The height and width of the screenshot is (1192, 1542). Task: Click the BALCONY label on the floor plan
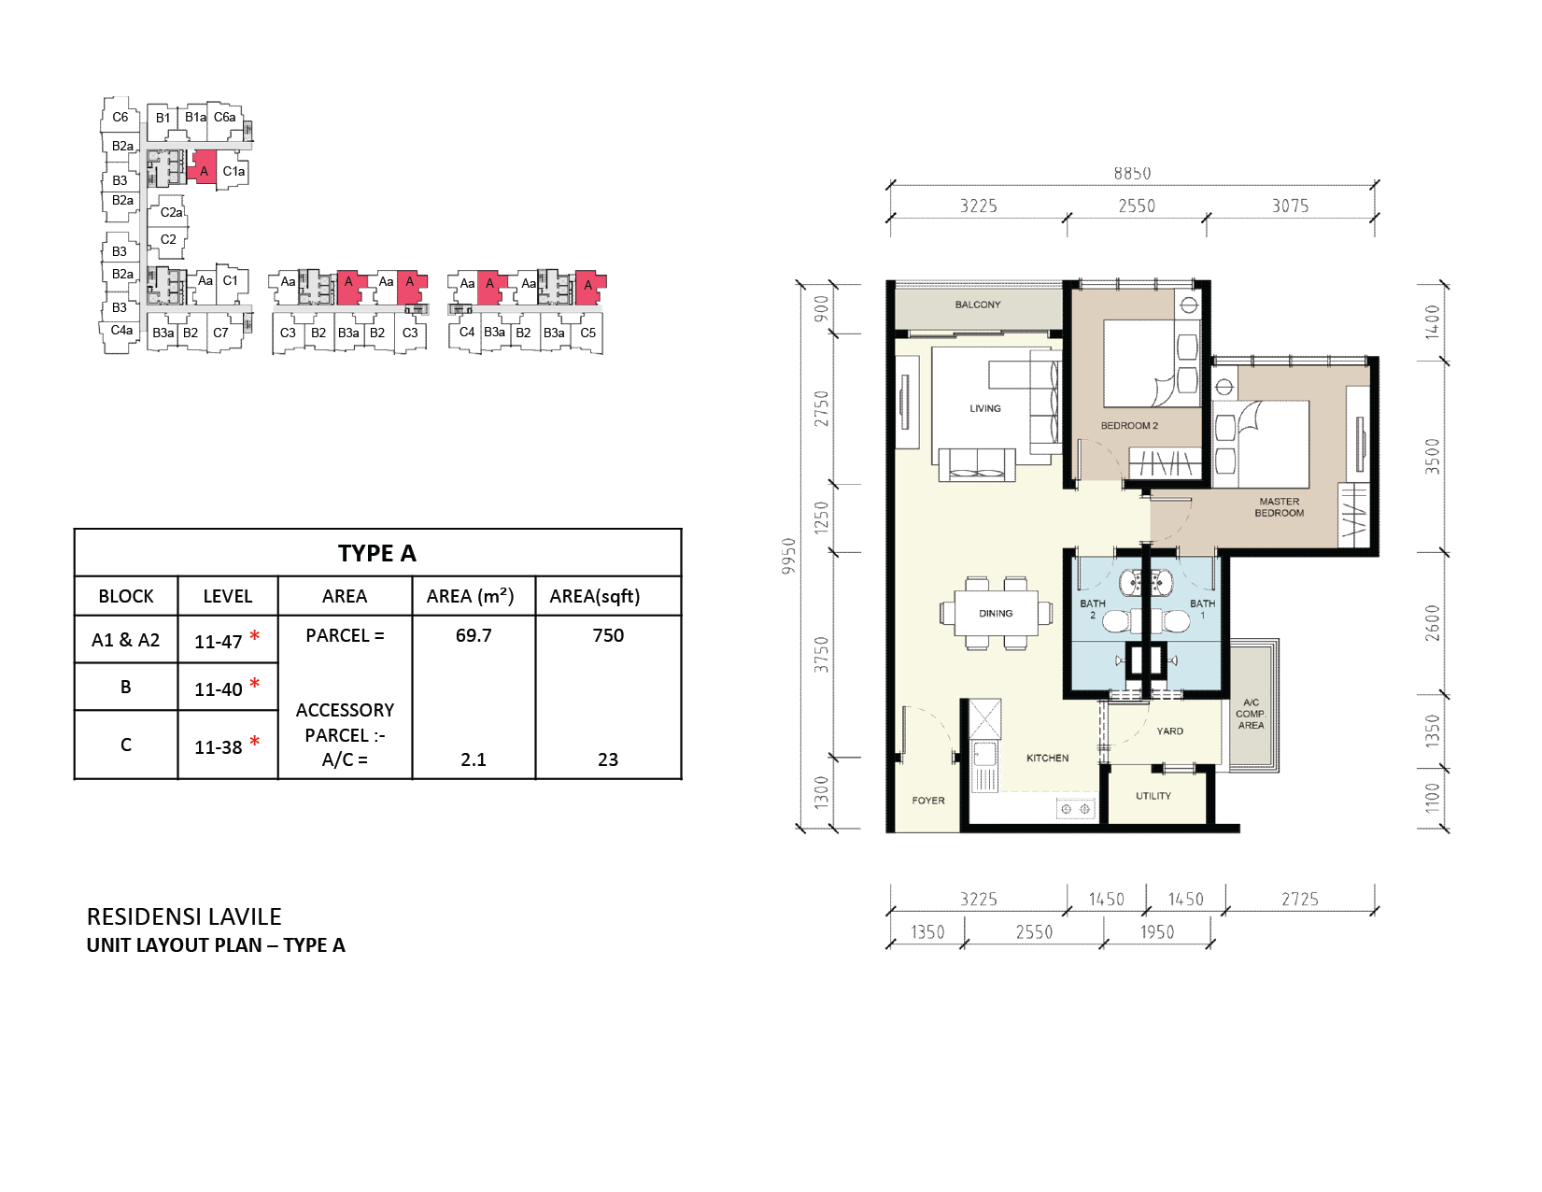point(977,305)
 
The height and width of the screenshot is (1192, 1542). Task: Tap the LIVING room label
point(985,408)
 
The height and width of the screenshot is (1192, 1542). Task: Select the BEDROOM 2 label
point(1129,426)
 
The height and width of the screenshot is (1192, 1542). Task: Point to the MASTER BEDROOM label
point(1279,507)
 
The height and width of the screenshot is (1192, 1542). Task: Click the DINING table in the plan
point(996,613)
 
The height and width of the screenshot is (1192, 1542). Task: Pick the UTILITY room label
point(1153,796)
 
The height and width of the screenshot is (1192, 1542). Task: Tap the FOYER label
point(928,801)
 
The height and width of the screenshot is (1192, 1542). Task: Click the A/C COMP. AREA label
point(1251,714)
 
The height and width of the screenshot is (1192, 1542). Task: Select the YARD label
point(1169,731)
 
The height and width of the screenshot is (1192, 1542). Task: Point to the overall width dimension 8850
point(1132,173)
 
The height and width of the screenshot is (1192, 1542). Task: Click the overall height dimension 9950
point(788,556)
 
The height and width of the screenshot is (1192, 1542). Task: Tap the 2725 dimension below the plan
point(1299,899)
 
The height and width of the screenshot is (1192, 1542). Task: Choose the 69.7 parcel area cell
point(474,635)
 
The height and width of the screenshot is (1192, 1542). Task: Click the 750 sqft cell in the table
point(608,635)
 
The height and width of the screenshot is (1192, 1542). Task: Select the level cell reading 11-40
point(219,688)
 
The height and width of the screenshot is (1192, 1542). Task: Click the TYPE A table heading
point(376,553)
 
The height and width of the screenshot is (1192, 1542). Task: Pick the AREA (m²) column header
point(470,596)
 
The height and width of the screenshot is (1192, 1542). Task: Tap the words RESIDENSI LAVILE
point(184,916)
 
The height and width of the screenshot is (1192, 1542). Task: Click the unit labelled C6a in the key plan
point(224,117)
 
